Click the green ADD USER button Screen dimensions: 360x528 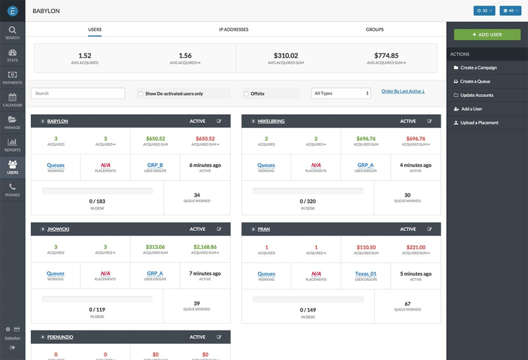(x=487, y=35)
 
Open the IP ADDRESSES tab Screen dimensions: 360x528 (x=234, y=30)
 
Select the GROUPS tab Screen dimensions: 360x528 (x=375, y=30)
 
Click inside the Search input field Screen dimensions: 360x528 (x=78, y=93)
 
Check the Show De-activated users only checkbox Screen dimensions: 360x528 (x=141, y=94)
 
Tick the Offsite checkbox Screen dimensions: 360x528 (x=246, y=94)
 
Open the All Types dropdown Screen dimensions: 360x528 (x=341, y=93)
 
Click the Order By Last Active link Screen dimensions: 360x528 (x=403, y=91)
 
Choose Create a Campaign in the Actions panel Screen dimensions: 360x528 (x=478, y=68)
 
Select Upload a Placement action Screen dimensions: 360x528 (x=479, y=123)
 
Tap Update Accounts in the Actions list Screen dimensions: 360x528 (x=476, y=95)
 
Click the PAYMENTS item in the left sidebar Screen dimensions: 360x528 (x=13, y=77)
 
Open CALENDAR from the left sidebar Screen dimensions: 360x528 (x=13, y=100)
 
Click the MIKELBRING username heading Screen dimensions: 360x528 (x=271, y=121)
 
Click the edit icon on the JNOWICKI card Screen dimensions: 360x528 (x=219, y=229)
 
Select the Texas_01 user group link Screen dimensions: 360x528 (x=366, y=274)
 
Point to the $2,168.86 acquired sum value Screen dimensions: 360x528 (x=205, y=247)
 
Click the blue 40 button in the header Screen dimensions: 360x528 (x=510, y=10)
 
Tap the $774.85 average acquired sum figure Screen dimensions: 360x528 (x=386, y=56)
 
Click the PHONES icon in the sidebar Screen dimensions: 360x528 (x=13, y=190)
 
